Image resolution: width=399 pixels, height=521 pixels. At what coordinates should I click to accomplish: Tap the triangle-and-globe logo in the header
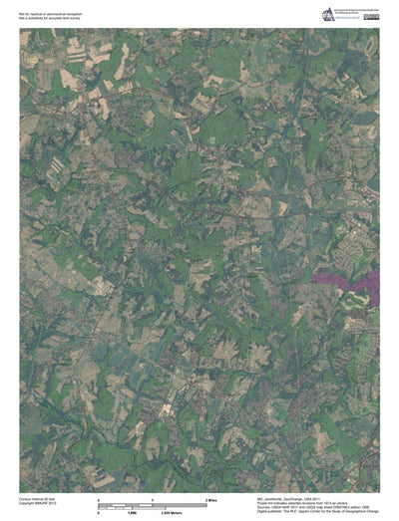click(328, 14)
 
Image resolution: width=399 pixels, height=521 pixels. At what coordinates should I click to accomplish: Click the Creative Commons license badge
click(371, 17)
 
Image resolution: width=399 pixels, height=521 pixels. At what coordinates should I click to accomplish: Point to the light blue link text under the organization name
click(348, 20)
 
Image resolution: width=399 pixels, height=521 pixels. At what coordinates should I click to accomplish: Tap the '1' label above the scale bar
click(152, 497)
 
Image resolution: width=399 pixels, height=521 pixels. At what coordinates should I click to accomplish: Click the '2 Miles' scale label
click(210, 497)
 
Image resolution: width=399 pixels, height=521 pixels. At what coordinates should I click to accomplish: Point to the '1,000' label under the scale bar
click(129, 509)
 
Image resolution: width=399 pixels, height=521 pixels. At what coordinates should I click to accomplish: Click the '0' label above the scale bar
click(98, 497)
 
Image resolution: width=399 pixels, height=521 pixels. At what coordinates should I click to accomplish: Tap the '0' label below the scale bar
click(98, 509)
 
